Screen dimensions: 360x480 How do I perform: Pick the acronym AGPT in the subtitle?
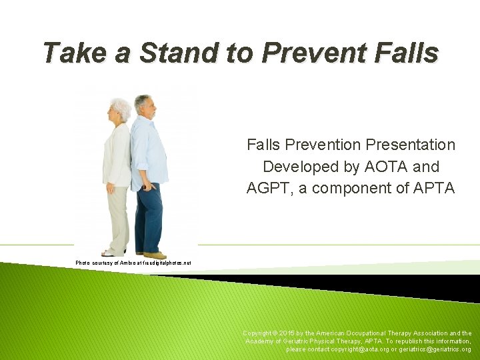pos(271,189)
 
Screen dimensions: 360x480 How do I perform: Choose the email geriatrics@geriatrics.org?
pos(433,349)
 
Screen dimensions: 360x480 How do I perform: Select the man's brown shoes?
pos(154,255)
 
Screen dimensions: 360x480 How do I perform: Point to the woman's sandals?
pos(111,253)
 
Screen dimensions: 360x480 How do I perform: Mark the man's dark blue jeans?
pos(148,220)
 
